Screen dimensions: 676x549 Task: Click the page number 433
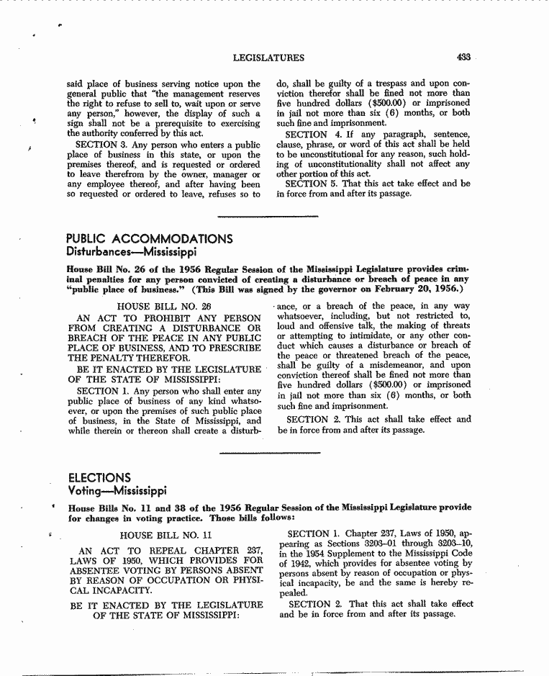click(463, 58)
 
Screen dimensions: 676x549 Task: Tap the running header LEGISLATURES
click(268, 58)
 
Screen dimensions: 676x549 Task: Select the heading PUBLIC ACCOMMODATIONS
click(149, 239)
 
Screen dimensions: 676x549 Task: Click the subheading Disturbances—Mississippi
click(131, 253)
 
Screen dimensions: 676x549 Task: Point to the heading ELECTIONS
click(99, 478)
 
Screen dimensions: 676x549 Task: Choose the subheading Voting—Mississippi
click(117, 491)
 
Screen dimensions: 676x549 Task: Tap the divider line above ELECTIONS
click(268, 453)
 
